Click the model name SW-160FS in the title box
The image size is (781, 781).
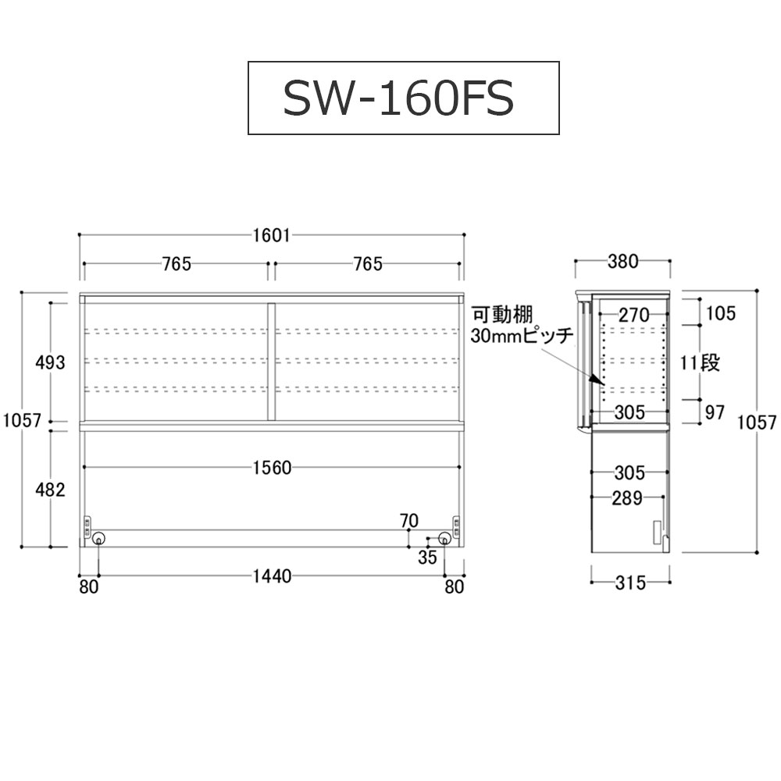click(x=403, y=98)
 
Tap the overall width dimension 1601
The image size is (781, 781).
click(x=272, y=234)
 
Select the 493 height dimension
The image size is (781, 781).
click(x=50, y=362)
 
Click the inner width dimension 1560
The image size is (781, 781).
click(x=272, y=468)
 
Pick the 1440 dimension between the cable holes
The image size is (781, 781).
click(x=272, y=576)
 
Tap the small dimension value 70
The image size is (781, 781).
click(x=408, y=521)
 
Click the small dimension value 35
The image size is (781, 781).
click(x=427, y=557)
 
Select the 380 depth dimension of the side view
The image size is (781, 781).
click(x=622, y=262)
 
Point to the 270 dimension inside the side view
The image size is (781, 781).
click(x=633, y=316)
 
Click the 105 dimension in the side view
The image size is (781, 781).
click(x=720, y=314)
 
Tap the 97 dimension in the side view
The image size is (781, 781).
click(x=715, y=412)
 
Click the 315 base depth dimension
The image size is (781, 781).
click(x=630, y=583)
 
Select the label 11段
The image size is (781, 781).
click(x=700, y=362)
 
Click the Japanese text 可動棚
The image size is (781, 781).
click(x=501, y=316)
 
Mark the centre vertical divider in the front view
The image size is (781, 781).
click(x=272, y=362)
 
